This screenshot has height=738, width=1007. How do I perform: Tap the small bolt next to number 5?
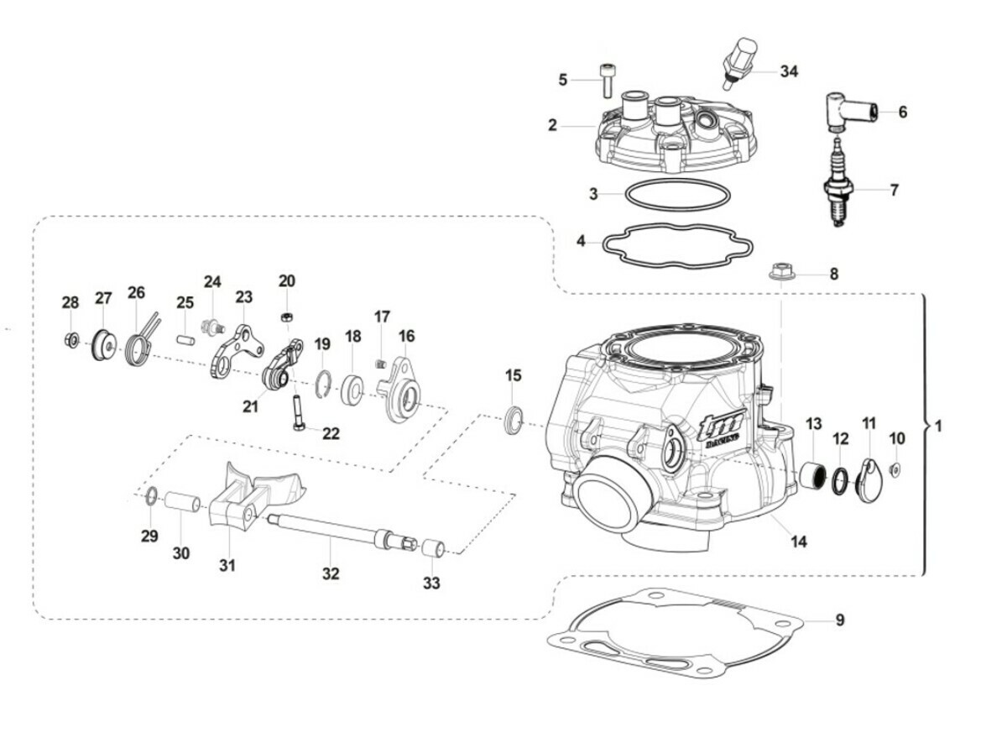click(607, 81)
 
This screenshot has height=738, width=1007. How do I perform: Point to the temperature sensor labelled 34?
click(738, 61)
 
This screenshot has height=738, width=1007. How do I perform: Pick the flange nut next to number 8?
click(781, 273)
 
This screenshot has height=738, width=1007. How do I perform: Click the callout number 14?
click(798, 542)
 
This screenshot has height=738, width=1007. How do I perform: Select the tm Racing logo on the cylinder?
click(719, 428)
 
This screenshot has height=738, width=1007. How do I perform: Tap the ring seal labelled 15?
click(513, 420)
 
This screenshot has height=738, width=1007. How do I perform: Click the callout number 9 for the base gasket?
click(839, 621)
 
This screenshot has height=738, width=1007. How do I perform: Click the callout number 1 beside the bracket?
click(938, 427)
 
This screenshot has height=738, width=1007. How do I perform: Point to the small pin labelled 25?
click(185, 339)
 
